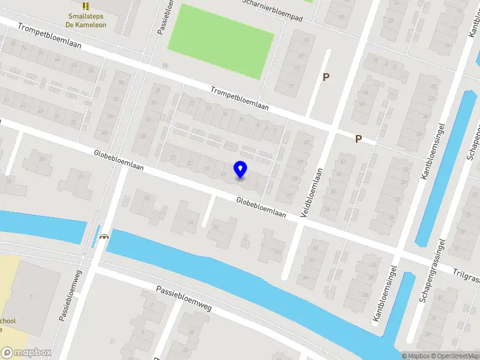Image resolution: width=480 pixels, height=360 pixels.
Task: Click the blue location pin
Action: point(240,170)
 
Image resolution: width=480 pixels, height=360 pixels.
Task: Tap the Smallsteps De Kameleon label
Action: point(86,20)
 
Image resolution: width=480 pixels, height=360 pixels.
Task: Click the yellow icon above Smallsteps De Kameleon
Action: point(86,6)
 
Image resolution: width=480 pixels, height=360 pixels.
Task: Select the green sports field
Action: point(220,40)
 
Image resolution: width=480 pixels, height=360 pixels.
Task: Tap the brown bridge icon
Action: point(104,237)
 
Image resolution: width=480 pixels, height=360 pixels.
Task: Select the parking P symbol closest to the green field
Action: point(326,77)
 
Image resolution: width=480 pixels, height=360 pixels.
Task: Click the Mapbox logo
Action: point(26,353)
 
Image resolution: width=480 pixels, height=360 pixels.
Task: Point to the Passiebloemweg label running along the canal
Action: point(184,298)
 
